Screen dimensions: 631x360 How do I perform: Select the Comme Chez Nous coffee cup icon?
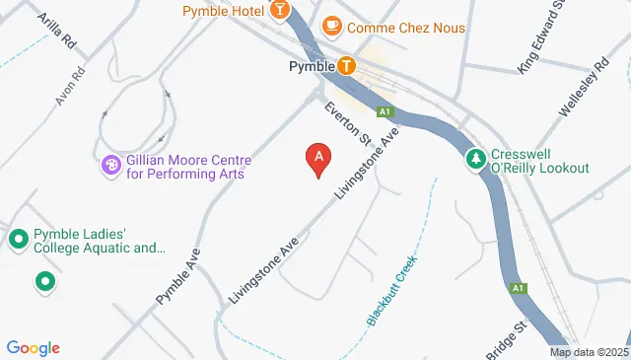pyautogui.click(x=331, y=26)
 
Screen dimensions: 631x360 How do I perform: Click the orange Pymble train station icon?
pyautogui.click(x=346, y=66)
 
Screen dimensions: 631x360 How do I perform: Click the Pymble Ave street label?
pyautogui.click(x=177, y=275)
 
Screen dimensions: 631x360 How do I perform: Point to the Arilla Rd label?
pyautogui.click(x=55, y=32)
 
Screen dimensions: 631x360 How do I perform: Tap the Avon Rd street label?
pyautogui.click(x=67, y=88)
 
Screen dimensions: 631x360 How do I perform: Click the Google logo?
pyautogui.click(x=33, y=347)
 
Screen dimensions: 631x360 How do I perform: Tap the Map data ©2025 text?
pyautogui.click(x=589, y=352)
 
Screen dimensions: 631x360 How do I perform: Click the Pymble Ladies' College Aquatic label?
pyautogui.click(x=99, y=241)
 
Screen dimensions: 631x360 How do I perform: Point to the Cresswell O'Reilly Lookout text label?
pyautogui.click(x=540, y=161)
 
